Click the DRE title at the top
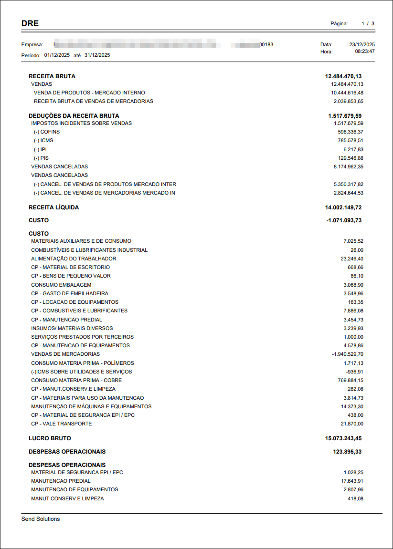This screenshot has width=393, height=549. pyautogui.click(x=30, y=23)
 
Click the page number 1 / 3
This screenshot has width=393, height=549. pyautogui.click(x=368, y=23)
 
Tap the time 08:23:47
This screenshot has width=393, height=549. pyautogui.click(x=364, y=52)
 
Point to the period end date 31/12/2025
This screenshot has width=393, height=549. pyautogui.click(x=97, y=55)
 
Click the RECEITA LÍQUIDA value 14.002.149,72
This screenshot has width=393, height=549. pyautogui.click(x=343, y=207)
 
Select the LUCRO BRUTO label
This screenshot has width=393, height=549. pyautogui.click(x=50, y=438)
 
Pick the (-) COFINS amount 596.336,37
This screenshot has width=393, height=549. pyautogui.click(x=350, y=132)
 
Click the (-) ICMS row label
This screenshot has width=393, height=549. pyautogui.click(x=43, y=141)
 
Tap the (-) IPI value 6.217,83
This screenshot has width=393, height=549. pyautogui.click(x=353, y=149)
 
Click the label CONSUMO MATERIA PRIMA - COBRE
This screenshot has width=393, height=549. pyautogui.click(x=76, y=381)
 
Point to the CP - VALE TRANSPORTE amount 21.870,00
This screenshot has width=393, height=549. pyautogui.click(x=352, y=424)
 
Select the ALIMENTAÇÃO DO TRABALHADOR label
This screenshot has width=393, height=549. pyautogui.click(x=74, y=259)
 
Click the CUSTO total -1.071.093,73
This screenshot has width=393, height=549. pyautogui.click(x=344, y=221)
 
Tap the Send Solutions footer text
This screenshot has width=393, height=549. pyautogui.click(x=41, y=519)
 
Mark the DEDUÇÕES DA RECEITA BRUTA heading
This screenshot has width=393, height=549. pyautogui.click(x=74, y=116)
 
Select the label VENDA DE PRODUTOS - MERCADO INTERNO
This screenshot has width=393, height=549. pyautogui.click(x=89, y=93)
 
